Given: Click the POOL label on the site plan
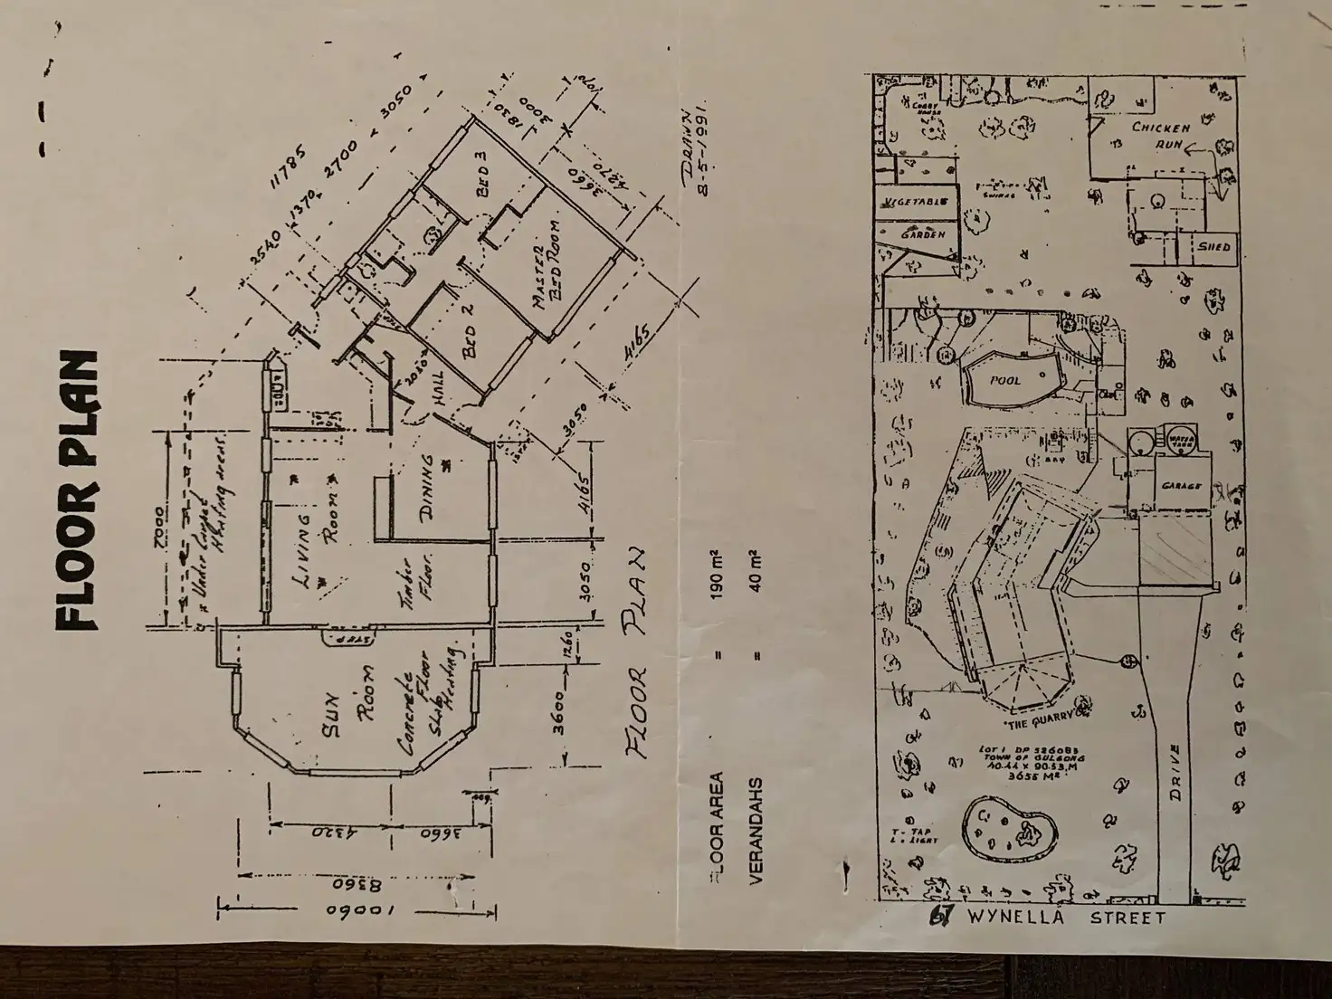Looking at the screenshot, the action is [1004, 381].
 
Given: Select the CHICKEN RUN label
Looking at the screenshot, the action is [1160, 136].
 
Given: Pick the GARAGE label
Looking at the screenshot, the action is [1181, 486].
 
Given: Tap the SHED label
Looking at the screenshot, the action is [1213, 245].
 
